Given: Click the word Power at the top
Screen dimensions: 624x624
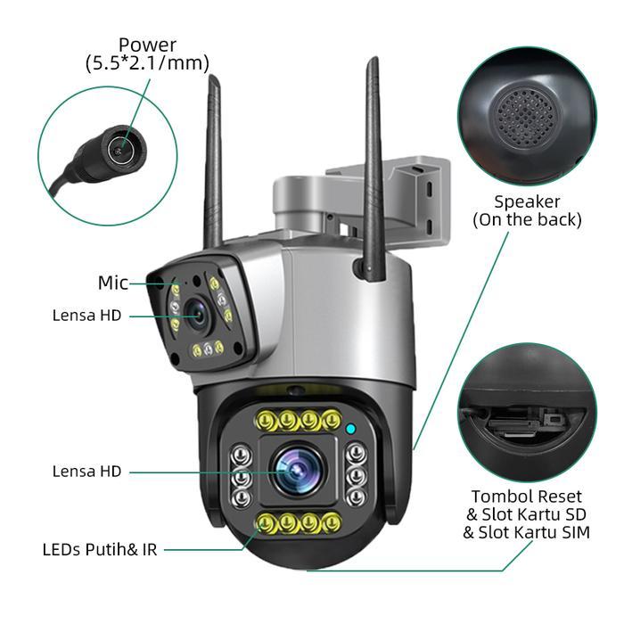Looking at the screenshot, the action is pos(147,45).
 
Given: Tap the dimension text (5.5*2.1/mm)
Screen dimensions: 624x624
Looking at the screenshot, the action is pos(147,63).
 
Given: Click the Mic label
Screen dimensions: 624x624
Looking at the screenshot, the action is pos(113,283).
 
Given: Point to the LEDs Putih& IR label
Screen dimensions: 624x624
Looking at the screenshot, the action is pos(99,549).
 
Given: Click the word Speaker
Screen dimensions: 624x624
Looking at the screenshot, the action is pos(528,201).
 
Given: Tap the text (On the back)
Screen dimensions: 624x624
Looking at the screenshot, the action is pos(527,219).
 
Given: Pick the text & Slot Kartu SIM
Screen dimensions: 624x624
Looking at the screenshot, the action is pos(526,533).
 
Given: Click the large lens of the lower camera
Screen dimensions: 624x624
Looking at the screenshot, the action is pos(295,470).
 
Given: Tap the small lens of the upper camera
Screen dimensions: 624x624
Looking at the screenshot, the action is pos(198,314).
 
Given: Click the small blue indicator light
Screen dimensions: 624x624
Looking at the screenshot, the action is pos(351,430).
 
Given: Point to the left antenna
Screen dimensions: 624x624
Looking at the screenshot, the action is pos(213,160).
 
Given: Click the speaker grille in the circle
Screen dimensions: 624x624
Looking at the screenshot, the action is pos(525,115).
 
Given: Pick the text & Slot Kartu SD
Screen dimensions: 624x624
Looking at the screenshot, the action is pos(526,515).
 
